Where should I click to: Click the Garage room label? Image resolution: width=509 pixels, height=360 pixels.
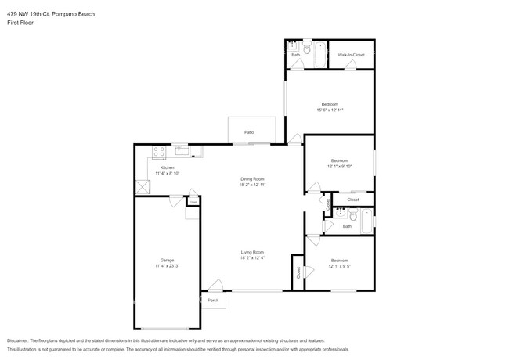coord(167,260)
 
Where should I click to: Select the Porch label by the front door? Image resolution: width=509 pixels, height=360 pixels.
coord(212,301)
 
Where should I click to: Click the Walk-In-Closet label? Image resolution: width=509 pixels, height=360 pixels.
coord(350,55)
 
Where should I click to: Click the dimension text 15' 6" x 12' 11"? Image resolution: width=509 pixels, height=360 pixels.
coord(330,110)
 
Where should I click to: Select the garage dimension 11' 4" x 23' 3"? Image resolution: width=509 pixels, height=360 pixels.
coord(167,266)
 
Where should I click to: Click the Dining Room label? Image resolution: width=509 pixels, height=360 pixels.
coord(252,178)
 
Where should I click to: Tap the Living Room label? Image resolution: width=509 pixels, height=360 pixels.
coord(252,252)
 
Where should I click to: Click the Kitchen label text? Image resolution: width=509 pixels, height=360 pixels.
coord(167,167)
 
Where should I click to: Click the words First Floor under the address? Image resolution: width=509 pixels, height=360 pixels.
coord(20,23)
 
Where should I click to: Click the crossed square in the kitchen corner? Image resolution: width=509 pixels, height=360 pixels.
coord(142,187)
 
